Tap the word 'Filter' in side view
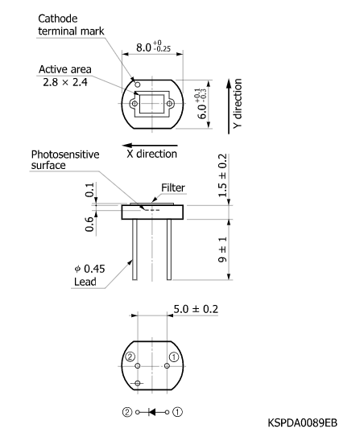172,187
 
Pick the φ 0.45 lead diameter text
83,270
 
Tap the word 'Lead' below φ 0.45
83,283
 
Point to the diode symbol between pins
152,411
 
